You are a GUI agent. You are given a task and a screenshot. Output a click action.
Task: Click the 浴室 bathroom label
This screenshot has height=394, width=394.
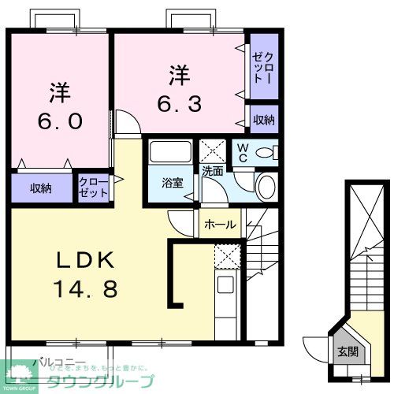[x=172, y=183]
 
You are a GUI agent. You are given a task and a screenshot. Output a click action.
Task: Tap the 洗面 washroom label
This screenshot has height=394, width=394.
[x=212, y=170]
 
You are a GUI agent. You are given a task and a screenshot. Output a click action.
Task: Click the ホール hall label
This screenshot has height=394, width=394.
[x=220, y=225]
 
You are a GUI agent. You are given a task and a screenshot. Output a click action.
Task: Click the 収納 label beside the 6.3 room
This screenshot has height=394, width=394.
[x=264, y=120]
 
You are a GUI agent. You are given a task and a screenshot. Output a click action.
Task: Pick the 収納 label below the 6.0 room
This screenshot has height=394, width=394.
[x=41, y=188]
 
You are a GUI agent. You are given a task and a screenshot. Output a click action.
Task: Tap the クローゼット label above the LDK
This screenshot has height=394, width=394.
[x=94, y=188]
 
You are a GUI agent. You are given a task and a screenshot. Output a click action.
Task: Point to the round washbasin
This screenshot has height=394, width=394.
[x=266, y=186]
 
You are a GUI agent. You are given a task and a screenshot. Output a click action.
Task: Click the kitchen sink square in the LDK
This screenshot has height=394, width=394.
[x=226, y=284]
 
